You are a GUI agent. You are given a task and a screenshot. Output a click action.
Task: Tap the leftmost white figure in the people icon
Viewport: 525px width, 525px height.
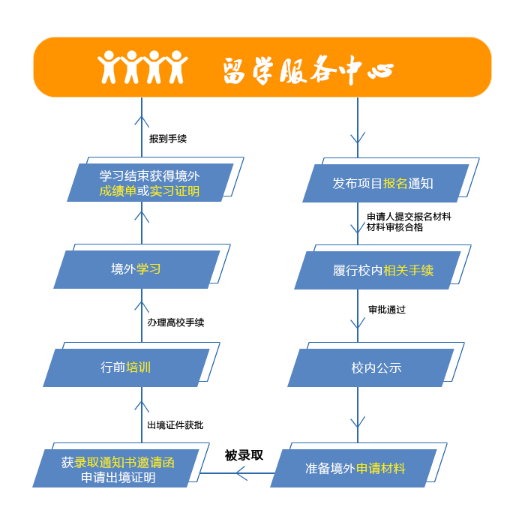pos(110,67)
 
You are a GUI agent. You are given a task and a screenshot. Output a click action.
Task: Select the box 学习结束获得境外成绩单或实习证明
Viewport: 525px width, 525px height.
pos(150,183)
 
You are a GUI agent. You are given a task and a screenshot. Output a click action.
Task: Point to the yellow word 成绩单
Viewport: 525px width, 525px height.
pos(117,191)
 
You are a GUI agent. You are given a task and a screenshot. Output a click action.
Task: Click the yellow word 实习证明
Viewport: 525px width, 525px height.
pos(175,191)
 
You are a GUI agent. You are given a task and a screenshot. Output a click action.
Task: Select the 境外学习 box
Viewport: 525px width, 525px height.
pos(136,269)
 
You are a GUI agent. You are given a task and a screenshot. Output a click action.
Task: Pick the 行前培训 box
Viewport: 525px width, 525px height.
pos(126,367)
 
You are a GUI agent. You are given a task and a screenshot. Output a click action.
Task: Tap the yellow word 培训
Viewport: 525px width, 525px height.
pos(139,367)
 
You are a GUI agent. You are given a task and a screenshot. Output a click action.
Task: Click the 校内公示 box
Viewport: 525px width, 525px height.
pos(370,367)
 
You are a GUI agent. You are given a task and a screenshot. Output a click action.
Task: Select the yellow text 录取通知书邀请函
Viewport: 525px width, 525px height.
pos(124,463)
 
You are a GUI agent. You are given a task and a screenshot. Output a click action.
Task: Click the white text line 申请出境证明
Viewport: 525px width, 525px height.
pos(118,478)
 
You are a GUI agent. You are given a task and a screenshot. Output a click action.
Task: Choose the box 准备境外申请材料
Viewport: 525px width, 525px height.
pos(353,468)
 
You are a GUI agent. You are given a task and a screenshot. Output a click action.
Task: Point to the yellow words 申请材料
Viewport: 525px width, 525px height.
pos(381,468)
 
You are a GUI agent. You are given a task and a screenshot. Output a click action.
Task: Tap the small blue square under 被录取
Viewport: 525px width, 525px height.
pos(241,472)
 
